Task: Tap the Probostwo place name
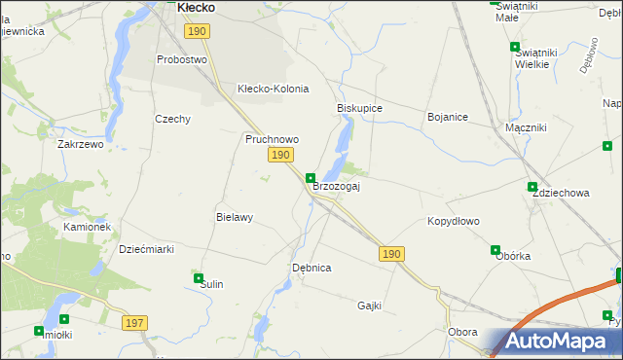point(182,59)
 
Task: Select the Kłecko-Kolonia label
point(273,89)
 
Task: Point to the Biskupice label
point(359,108)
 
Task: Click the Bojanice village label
point(448,117)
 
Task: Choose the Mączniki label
point(526,127)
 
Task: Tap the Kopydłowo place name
point(454,221)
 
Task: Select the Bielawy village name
point(234,217)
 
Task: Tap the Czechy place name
point(172,119)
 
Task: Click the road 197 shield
point(134,322)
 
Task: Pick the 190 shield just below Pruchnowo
point(280,156)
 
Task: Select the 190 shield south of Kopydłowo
point(390,253)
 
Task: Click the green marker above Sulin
point(199,278)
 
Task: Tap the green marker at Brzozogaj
point(311,178)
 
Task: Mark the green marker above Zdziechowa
point(531,187)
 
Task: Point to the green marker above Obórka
point(495,250)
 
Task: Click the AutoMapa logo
point(551,342)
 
